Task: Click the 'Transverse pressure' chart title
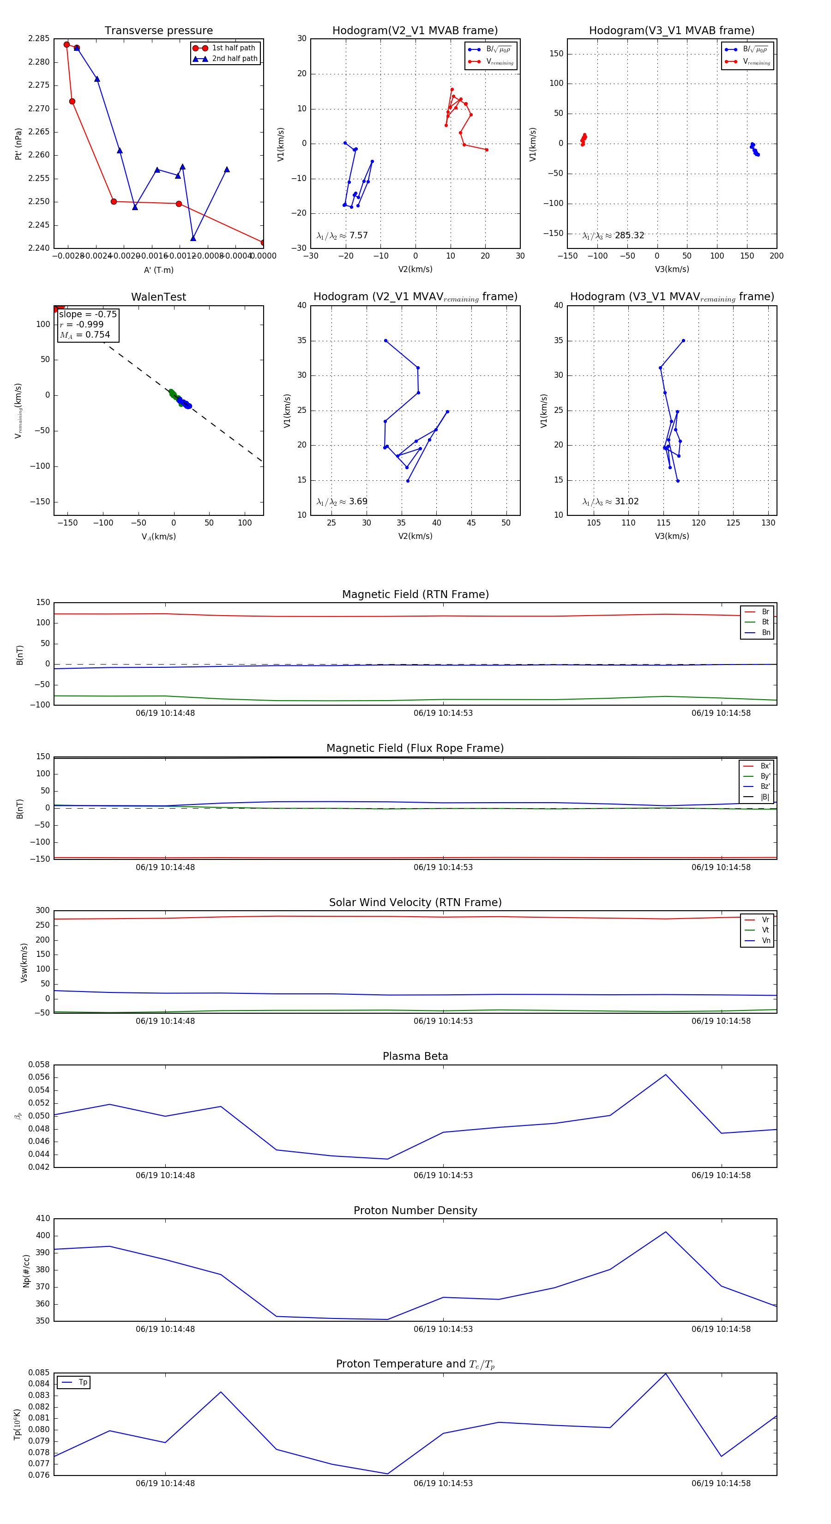click(158, 31)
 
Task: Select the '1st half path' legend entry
click(233, 48)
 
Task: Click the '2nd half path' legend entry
click(234, 59)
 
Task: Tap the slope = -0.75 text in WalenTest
click(88, 314)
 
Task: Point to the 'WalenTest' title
click(158, 297)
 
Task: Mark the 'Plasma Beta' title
click(415, 1056)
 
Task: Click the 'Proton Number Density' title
click(415, 1210)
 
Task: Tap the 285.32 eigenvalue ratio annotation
click(629, 236)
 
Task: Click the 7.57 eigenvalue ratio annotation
click(358, 236)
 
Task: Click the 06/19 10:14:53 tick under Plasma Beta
click(443, 1175)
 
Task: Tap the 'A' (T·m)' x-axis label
click(158, 270)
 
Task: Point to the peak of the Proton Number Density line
click(665, 1232)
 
